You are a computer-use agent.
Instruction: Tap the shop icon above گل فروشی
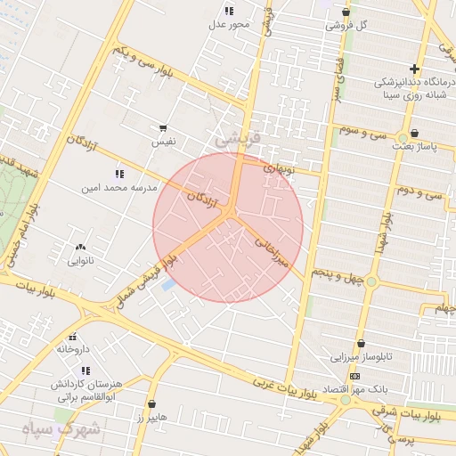point(346,12)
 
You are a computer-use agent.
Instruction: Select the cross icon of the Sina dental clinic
point(414,69)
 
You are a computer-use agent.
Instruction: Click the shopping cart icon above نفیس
point(162,128)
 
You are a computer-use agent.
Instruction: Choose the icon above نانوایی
point(81,248)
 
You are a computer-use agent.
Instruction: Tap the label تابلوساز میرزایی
point(362,358)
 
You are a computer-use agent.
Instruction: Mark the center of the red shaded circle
point(228,227)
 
